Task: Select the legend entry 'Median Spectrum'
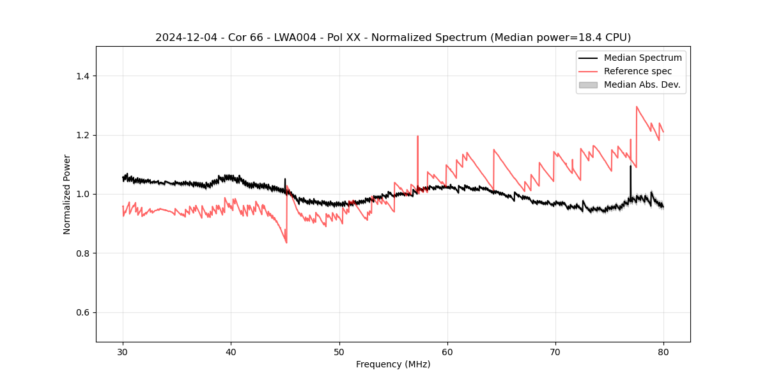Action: point(642,58)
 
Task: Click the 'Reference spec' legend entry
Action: point(637,71)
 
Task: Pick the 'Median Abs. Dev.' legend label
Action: point(642,84)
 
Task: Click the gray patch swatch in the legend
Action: point(588,84)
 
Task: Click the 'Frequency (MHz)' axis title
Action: point(393,364)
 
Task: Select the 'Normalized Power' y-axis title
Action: point(67,194)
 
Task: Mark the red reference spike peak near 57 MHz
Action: point(417,136)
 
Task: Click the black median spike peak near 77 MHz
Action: point(630,166)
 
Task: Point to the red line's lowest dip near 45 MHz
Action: point(286,243)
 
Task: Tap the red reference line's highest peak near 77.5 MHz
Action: point(637,107)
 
